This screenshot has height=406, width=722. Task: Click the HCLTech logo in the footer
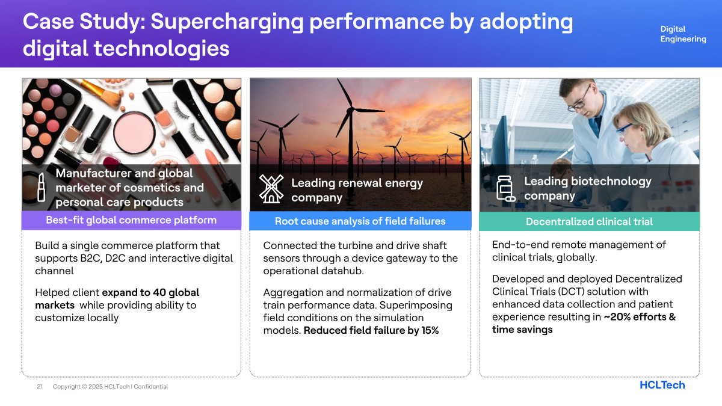(x=662, y=385)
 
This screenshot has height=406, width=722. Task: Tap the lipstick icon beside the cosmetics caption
(x=41, y=187)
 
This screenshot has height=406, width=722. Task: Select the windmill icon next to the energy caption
(x=271, y=189)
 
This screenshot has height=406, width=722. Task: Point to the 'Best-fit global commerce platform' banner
(x=131, y=220)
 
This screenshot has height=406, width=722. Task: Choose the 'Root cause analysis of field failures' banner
(x=360, y=221)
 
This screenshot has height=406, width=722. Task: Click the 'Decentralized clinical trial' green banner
(x=589, y=221)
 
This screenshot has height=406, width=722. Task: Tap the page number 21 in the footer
(x=40, y=386)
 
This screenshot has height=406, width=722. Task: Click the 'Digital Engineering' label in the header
(x=683, y=34)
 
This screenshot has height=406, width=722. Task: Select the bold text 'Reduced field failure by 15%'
(x=371, y=330)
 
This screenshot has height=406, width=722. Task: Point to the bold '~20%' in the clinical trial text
(x=617, y=317)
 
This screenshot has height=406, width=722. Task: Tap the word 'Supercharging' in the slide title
(x=227, y=22)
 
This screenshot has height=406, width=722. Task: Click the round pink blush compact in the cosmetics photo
(x=134, y=132)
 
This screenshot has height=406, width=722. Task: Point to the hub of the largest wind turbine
(x=350, y=111)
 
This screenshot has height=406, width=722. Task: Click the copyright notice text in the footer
(x=110, y=386)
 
